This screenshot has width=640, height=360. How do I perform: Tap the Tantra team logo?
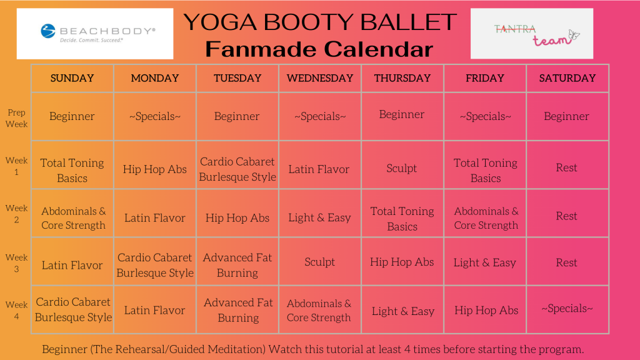click(531, 34)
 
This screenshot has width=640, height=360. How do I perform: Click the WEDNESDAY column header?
click(319, 78)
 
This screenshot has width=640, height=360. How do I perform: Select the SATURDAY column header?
click(567, 78)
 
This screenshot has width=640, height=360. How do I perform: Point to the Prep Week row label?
click(16, 118)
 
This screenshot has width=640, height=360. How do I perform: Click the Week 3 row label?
click(16, 263)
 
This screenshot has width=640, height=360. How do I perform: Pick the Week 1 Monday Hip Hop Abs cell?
click(155, 169)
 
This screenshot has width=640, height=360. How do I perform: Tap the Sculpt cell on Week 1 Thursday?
click(402, 168)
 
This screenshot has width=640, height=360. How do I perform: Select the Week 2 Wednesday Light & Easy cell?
click(319, 217)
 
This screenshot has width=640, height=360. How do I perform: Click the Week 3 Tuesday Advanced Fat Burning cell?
click(237, 265)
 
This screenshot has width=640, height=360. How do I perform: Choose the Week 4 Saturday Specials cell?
click(567, 309)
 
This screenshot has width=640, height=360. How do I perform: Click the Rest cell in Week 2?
click(566, 216)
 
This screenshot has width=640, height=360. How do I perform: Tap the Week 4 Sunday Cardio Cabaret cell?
click(73, 309)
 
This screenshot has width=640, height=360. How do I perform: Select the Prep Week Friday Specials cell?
click(485, 116)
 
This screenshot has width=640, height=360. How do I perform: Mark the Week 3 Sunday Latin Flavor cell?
click(72, 265)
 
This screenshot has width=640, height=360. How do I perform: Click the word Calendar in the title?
click(378, 49)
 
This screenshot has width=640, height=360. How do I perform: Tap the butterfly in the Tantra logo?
click(574, 36)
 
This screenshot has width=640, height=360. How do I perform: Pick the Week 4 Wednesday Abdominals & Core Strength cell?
click(319, 311)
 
